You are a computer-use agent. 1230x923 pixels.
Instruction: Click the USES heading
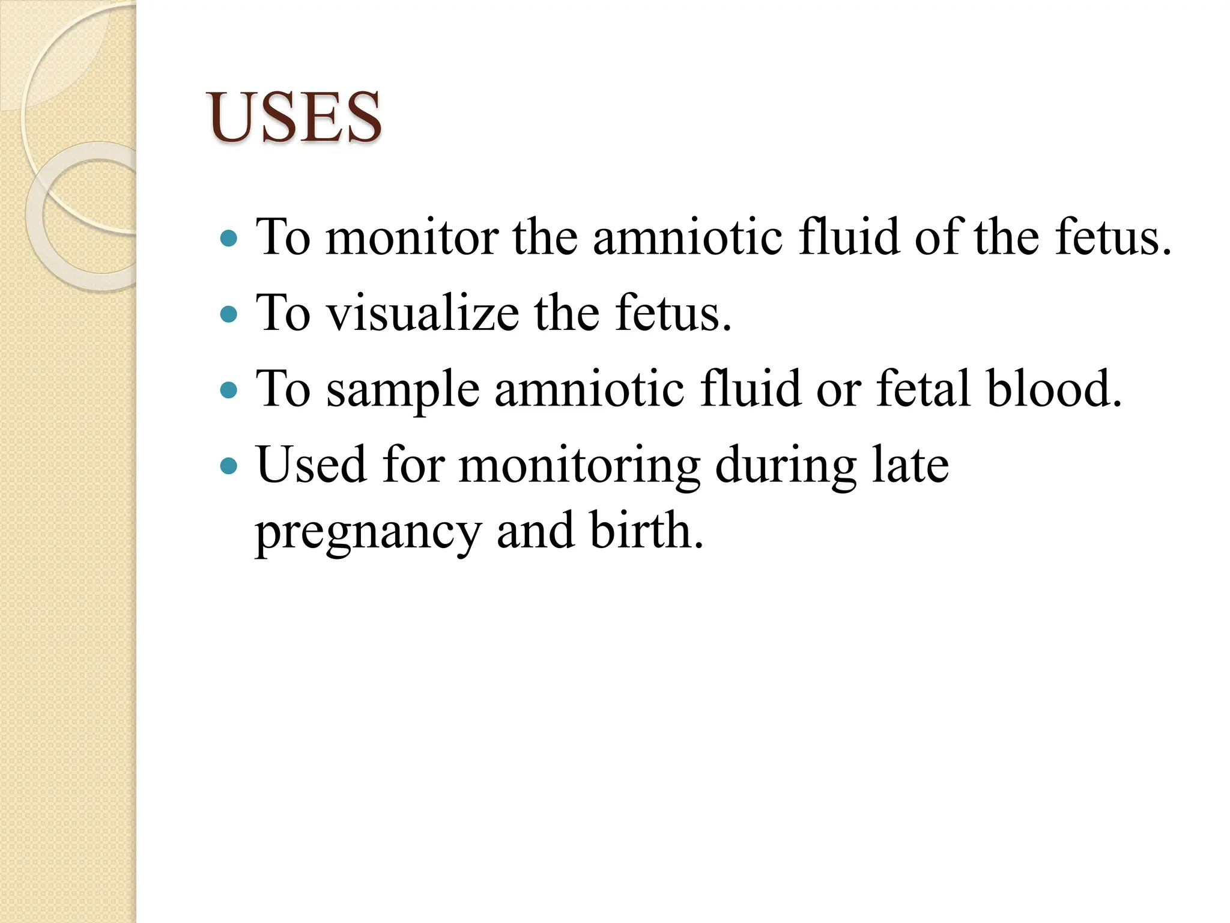294,117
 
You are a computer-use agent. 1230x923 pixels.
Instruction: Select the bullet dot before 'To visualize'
229,314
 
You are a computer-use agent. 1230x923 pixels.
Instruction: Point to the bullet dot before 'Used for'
229,466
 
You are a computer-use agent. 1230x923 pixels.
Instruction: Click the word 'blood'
1054,389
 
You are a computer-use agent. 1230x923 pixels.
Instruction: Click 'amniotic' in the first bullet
688,238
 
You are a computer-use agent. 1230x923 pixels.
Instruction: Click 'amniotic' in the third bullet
589,389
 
